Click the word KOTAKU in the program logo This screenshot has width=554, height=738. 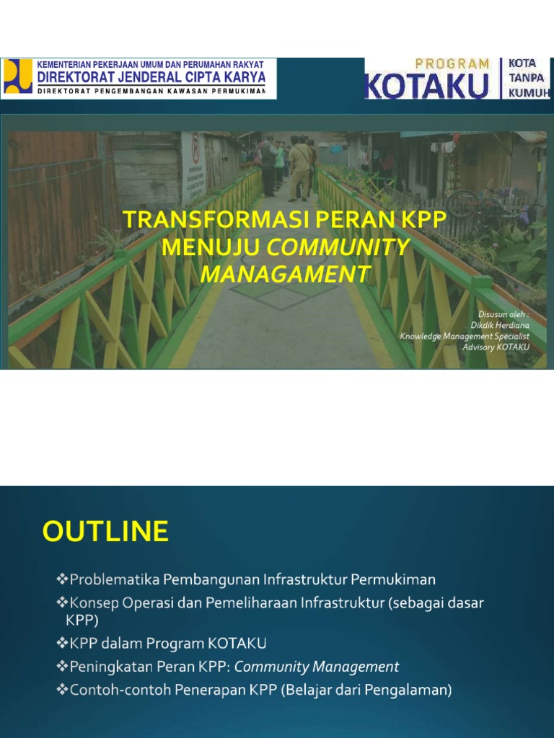coord(426,86)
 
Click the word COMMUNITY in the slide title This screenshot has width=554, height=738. coord(339,247)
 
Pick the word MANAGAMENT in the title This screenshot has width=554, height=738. coord(285,274)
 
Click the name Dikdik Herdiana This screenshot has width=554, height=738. coord(500,326)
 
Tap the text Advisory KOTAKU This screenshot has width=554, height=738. coord(496,347)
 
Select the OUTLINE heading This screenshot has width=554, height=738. coord(105,532)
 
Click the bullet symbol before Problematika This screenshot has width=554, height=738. coord(61,579)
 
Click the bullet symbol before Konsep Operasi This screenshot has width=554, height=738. coord(61,603)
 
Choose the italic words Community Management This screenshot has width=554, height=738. coord(317,667)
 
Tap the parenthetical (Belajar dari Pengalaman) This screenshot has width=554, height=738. coord(366,690)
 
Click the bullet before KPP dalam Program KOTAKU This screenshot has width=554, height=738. coord(61,644)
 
